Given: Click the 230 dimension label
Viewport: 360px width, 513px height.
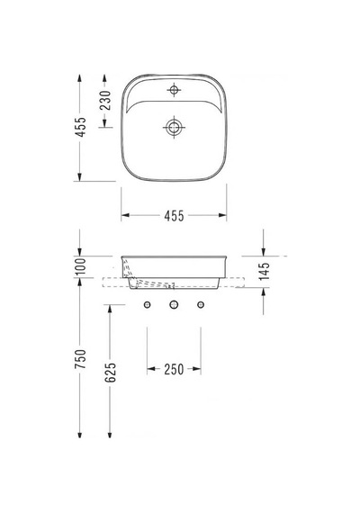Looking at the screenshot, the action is [105, 100].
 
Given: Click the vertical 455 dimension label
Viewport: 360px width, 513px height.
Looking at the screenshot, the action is [80, 127].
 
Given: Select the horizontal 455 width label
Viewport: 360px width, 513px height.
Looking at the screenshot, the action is [174, 216].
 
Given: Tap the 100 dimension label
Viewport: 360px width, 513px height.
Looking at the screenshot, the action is [80, 266].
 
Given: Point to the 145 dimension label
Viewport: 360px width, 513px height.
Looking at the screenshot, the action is [264, 271].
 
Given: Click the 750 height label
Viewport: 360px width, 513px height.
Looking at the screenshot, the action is [80, 359].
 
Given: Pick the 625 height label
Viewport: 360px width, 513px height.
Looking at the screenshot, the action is [111, 373].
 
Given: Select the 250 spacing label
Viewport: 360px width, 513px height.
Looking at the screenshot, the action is [174, 369].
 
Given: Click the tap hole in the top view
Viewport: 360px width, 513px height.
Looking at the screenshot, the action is [174, 89].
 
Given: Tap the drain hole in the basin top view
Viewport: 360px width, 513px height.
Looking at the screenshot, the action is [174, 127].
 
